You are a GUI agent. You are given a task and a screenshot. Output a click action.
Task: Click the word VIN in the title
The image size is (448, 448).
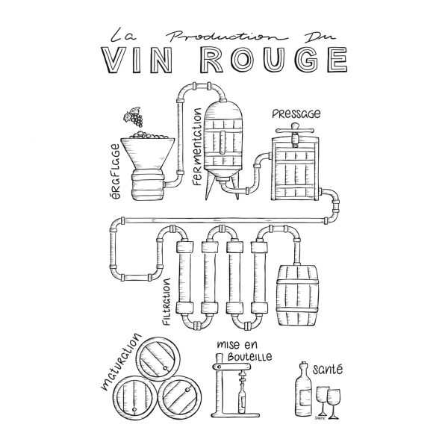pos(137,60)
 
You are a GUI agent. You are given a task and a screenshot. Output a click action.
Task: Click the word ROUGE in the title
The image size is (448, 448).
pos(274,60)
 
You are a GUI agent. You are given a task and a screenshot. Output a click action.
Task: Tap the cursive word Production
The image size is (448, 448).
pos(225,37)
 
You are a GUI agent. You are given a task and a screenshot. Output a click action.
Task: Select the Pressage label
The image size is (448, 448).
pos(296,114)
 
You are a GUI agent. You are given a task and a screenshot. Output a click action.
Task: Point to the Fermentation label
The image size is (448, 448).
pos(197,146)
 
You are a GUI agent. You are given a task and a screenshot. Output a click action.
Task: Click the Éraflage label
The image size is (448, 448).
pos(114,171)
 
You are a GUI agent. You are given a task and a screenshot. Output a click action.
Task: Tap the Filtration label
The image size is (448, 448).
pos(167,302)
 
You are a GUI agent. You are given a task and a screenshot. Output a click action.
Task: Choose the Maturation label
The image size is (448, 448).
pos(121,361)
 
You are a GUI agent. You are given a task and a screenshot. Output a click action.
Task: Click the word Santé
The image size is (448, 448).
pos(328,369)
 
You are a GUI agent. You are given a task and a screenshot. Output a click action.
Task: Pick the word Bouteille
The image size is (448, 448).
pos(249,357)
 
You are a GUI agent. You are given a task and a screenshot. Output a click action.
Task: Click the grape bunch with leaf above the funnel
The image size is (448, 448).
pos(133,117)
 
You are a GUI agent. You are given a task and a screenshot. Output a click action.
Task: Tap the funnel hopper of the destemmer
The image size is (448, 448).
pos(148,153)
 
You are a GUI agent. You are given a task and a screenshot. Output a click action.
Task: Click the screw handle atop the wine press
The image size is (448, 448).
pos(295,131)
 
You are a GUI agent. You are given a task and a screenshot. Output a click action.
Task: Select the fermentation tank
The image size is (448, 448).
pos(223,143)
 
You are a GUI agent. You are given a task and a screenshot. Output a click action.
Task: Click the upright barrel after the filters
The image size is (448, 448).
pos(297,296)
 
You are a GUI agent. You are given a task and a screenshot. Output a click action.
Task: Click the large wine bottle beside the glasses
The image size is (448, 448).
pos(303,389)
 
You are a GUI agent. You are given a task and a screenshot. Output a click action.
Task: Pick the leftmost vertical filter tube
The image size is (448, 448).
pos(184,277)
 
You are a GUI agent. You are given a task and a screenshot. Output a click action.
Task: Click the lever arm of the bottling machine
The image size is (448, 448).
pos(231,367)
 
